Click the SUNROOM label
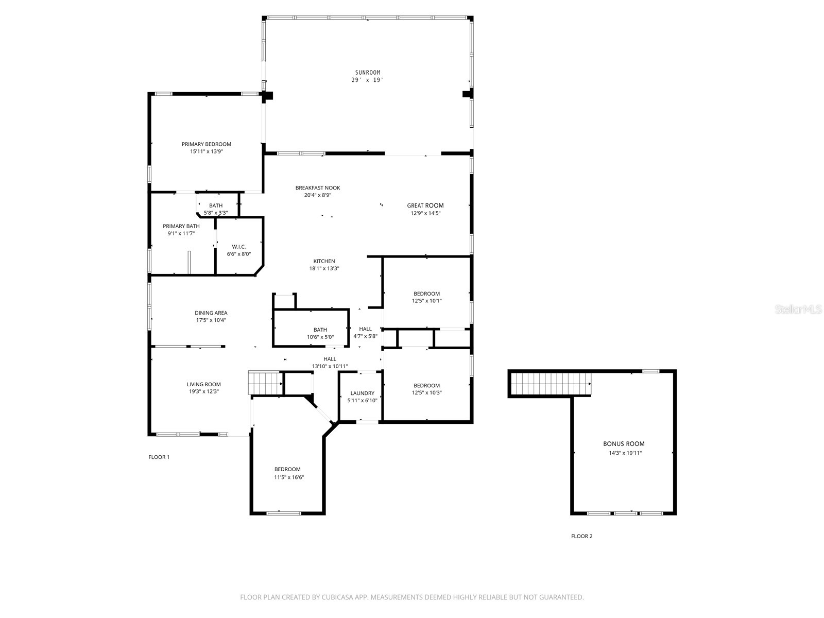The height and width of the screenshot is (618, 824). pos(367,73)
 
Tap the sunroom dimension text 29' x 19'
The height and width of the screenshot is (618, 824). pos(367,80)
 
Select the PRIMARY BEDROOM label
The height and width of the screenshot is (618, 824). pos(206,144)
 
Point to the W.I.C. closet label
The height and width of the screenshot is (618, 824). pos(238,247)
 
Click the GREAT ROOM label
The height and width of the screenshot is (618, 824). pos(425,205)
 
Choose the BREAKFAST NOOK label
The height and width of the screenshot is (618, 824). pos(317,188)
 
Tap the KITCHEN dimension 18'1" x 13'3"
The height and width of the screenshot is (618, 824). pos(324,268)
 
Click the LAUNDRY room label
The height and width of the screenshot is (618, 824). pos(362,393)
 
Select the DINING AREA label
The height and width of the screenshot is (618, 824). pos(211,313)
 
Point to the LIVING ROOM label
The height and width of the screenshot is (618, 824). pos(203,384)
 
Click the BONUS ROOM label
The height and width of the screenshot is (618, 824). pos(624,443)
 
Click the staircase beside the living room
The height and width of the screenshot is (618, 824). pos(265,383)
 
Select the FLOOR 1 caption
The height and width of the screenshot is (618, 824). pos(159,457)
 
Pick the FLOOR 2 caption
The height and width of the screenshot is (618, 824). pos(581,536)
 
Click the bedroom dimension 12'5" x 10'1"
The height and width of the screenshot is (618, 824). pos(426,301)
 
